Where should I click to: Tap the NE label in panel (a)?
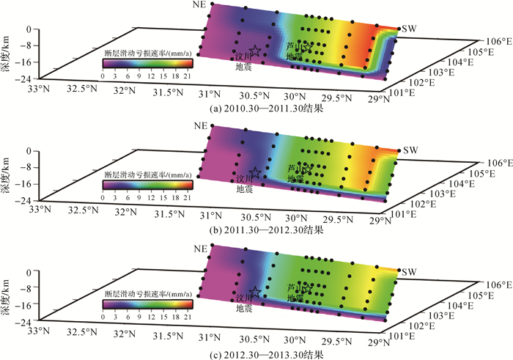pos(199,6)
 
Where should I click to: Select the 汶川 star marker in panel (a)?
pos(255,50)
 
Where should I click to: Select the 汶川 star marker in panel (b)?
pos(255,172)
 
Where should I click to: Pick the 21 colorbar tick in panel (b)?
pos(188,196)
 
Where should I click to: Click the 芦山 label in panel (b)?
pos(295,167)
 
